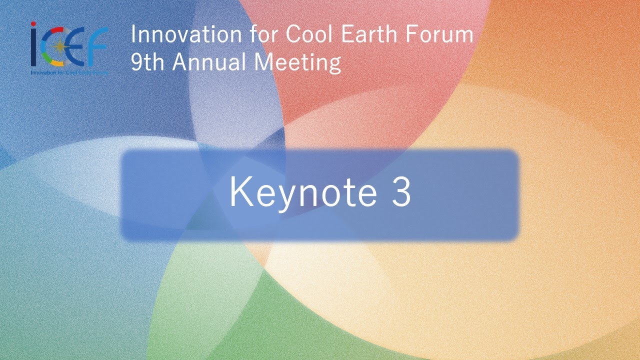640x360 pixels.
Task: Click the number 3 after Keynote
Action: tap(401, 192)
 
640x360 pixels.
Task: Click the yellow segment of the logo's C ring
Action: tap(56, 63)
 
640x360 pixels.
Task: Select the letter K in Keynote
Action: tap(238, 192)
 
